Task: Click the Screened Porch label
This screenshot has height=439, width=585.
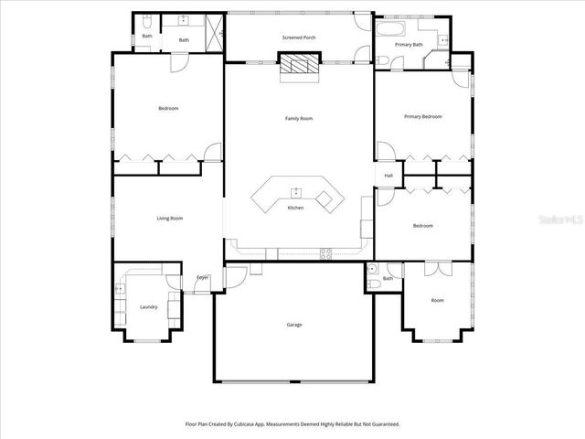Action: (x=299, y=37)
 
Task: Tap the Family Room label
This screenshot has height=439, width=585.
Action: (x=299, y=118)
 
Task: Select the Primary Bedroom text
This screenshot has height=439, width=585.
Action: (x=423, y=117)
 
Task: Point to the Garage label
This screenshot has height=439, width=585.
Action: (x=293, y=325)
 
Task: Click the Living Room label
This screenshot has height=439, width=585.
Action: (x=170, y=218)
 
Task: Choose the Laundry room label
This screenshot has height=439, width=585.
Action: (x=148, y=306)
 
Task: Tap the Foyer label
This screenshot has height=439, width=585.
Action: (x=202, y=277)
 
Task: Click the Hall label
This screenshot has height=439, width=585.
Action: (x=388, y=176)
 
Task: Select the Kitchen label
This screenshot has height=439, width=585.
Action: (x=295, y=208)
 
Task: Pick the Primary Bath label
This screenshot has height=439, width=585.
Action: (x=409, y=44)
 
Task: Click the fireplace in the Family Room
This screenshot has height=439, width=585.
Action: (x=299, y=64)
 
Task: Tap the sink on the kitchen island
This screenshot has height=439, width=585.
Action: (x=296, y=192)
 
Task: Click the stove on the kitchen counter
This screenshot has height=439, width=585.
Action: (x=326, y=253)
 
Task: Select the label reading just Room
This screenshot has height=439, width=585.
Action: (x=438, y=300)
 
